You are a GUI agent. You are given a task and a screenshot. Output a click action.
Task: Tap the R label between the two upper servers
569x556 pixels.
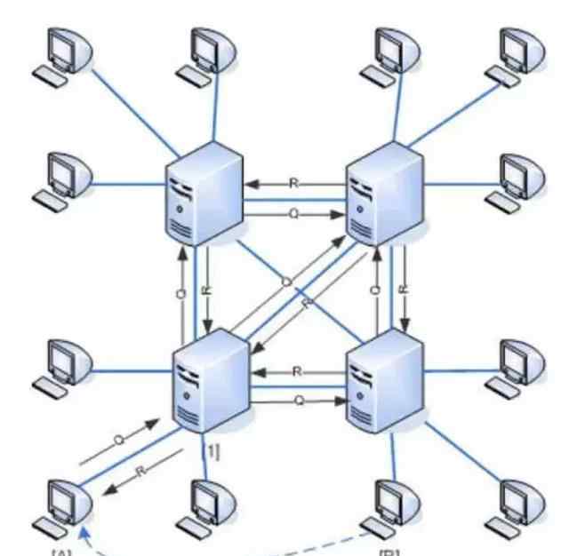click(x=294, y=184)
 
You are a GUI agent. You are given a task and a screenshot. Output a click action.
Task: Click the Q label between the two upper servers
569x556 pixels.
click(x=294, y=214)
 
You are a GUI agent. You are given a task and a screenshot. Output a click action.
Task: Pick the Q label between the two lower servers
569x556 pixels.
click(x=299, y=401)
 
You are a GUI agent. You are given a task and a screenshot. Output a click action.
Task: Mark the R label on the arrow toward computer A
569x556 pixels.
click(x=140, y=471)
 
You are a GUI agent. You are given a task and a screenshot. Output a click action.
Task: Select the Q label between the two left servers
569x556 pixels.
click(x=181, y=291)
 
